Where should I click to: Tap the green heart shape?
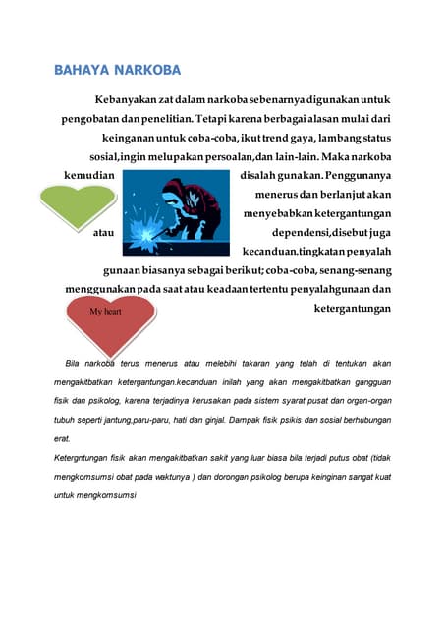(x=75, y=200)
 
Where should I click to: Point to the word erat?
(x=62, y=438)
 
